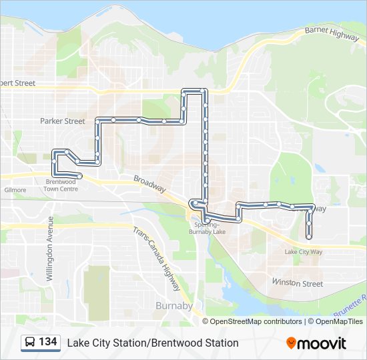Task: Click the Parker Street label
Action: tap(63, 121)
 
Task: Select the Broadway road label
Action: tap(149, 185)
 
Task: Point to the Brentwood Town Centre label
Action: tap(61, 185)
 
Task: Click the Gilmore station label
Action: tap(15, 190)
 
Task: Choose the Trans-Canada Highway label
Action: tap(157, 260)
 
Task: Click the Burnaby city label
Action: tap(173, 305)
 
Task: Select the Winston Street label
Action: tap(298, 283)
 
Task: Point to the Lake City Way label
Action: tap(303, 252)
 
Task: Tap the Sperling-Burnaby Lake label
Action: tap(207, 227)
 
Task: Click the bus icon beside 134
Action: tap(30, 342)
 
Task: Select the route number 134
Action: tap(47, 342)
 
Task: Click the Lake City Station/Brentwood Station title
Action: tap(152, 343)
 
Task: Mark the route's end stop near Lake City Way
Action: tap(309, 236)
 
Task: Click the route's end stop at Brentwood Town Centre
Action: tap(80, 176)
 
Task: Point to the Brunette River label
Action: tap(351, 303)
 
